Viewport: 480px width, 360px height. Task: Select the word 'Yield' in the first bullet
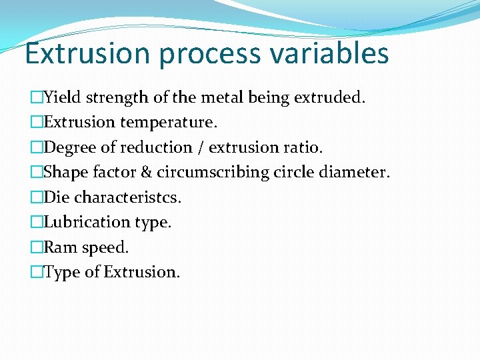tap(61, 98)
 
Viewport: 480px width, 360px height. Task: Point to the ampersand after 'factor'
tap(145, 172)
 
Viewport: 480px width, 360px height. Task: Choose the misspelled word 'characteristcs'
tap(128, 197)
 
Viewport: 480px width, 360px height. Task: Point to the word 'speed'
tap(105, 247)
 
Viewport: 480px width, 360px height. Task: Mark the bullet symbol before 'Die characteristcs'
tap(37, 197)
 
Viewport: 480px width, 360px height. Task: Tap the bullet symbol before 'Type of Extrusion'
tap(37, 272)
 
